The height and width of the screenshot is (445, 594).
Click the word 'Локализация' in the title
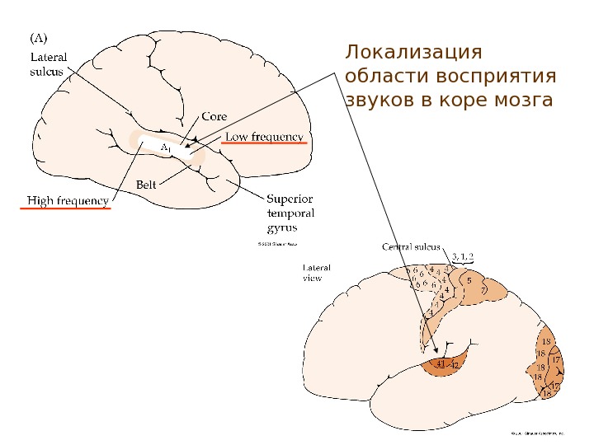tap(413, 54)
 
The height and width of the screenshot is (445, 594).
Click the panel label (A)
tap(39, 38)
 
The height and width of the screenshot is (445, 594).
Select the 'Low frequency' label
tap(264, 136)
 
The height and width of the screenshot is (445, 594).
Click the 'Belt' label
tap(145, 185)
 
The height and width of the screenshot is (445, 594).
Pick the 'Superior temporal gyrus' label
tap(290, 213)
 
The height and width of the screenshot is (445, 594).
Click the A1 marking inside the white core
tap(165, 148)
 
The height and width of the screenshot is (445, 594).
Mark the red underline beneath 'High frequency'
tap(65, 209)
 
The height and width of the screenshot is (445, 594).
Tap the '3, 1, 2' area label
tap(463, 255)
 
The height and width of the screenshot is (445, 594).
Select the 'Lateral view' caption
tap(317, 274)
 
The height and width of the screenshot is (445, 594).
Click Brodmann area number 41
tap(441, 363)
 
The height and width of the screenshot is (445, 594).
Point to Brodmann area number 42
tap(455, 364)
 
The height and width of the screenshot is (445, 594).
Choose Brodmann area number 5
tap(469, 281)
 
